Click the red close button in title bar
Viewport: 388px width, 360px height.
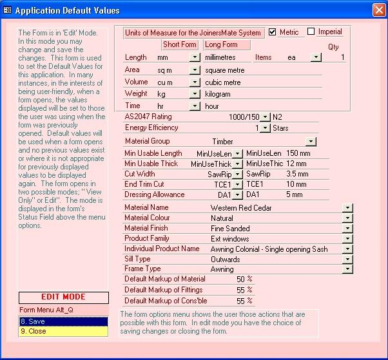(378, 10)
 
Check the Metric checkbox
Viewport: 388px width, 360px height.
(272, 32)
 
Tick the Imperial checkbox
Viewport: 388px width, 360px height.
(311, 32)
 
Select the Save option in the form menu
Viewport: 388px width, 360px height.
(63, 321)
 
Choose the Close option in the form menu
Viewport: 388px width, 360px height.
(63, 331)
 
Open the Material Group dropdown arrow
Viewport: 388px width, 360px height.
(311, 142)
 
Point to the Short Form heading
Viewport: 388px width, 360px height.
(180, 45)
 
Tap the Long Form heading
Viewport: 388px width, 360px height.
(221, 45)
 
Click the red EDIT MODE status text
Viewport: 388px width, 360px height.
(63, 298)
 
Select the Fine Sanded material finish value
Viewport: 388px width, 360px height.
(230, 229)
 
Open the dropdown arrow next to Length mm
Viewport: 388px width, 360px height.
(195, 58)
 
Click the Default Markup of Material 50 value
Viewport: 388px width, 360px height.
(241, 279)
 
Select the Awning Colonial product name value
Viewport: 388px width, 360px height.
(269, 249)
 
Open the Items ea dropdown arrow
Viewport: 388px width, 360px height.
(316, 58)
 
